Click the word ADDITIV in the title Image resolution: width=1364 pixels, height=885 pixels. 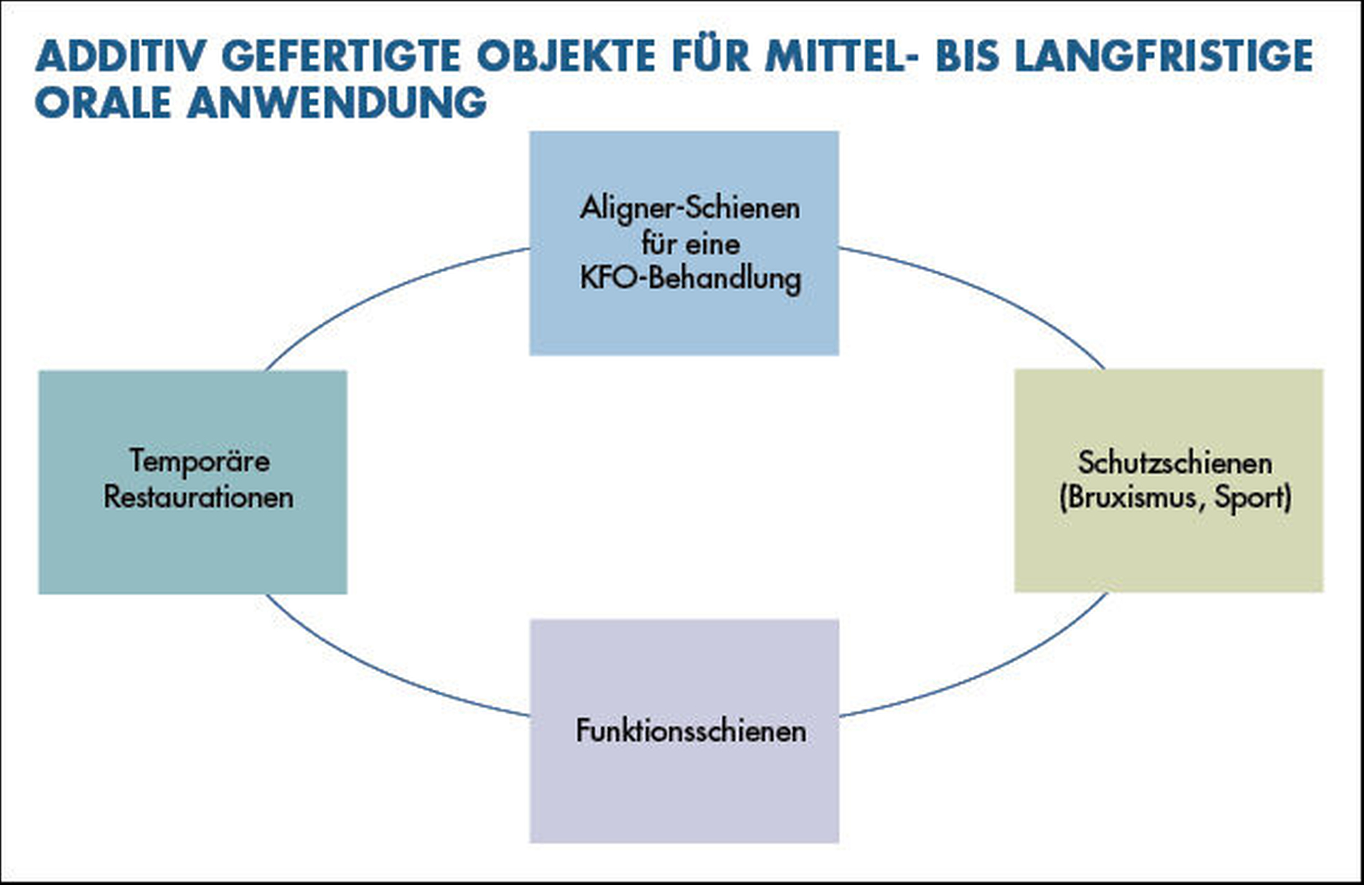click(x=121, y=56)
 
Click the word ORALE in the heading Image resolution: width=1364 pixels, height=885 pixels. click(x=103, y=103)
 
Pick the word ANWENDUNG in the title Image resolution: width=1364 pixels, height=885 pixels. click(x=337, y=103)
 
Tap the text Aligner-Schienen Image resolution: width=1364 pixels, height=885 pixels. click(x=690, y=208)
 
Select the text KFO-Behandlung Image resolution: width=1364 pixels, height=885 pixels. click(x=691, y=278)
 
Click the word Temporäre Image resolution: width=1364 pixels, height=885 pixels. click(x=200, y=461)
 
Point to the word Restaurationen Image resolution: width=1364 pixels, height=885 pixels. click(x=198, y=497)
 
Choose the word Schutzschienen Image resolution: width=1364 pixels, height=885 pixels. click(x=1175, y=462)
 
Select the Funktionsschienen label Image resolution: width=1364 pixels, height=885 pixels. click(x=691, y=731)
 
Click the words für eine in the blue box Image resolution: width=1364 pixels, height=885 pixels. click(x=691, y=243)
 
